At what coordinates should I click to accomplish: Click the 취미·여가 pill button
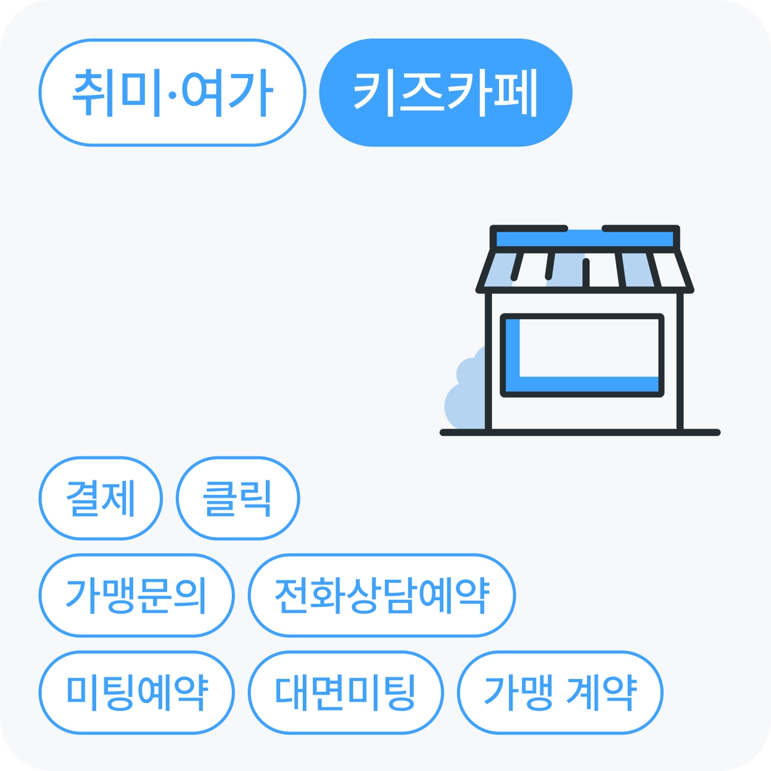point(173,93)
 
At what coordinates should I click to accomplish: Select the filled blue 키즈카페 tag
point(446,93)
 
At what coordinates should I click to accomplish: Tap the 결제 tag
point(101,498)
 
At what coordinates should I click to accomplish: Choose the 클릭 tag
point(237,498)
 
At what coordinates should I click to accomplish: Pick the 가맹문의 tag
point(136,595)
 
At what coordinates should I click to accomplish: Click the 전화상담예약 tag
point(382,595)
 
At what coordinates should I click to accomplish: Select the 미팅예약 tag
point(136,693)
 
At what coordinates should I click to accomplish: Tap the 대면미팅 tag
point(345,693)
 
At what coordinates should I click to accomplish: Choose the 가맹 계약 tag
point(560,693)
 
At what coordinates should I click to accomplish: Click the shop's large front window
point(582,355)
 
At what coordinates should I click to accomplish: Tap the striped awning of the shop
point(585,271)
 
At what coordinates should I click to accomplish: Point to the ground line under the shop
point(580,432)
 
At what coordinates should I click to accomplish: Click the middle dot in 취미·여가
point(172,95)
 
